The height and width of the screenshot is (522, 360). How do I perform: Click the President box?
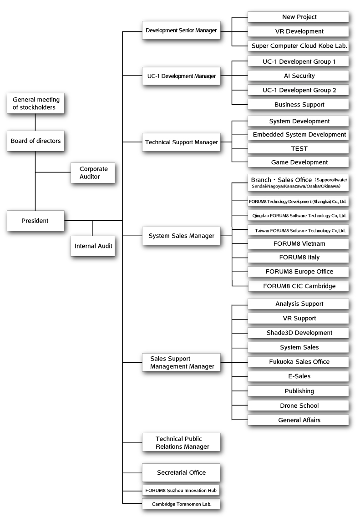(35, 221)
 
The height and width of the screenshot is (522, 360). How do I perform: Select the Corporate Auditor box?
(92, 172)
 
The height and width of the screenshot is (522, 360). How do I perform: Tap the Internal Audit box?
(92, 246)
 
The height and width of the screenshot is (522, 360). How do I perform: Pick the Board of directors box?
(35, 141)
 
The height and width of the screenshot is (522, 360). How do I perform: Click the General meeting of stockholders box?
(35, 103)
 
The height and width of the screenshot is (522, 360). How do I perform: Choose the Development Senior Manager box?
(181, 30)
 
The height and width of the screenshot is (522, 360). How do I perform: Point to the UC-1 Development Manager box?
(181, 76)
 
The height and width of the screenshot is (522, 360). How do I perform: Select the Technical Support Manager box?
(181, 142)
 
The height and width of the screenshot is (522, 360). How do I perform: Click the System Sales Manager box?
(181, 236)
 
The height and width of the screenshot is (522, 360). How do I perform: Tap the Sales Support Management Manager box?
(181, 362)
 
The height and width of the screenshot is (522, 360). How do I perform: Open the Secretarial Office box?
(181, 472)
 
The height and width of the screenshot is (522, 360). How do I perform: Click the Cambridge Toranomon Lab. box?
(181, 504)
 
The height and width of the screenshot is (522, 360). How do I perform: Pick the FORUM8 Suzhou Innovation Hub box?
(181, 490)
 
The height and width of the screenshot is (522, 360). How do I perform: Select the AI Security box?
(299, 76)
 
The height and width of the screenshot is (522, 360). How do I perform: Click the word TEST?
(299, 148)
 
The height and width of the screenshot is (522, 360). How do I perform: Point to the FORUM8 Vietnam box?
(299, 243)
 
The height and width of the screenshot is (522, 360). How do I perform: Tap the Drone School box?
(299, 405)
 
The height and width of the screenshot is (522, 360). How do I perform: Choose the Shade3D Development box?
(299, 333)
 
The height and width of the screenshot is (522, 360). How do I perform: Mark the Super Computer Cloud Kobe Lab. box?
(299, 46)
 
